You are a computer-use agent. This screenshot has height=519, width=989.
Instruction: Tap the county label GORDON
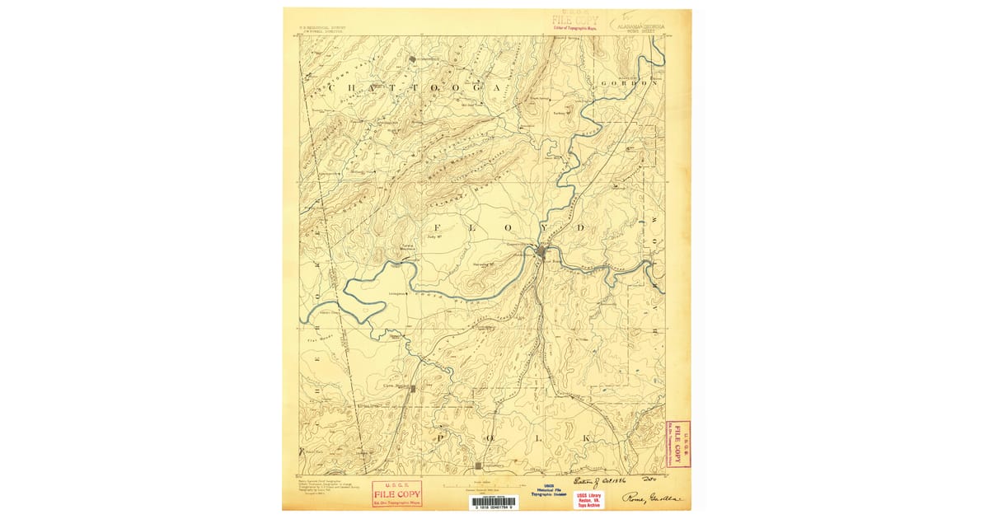631,83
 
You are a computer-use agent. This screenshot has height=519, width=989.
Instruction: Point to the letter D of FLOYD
581,226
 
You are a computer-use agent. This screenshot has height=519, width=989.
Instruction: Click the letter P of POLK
443,437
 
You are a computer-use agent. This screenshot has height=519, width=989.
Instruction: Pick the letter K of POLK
587,438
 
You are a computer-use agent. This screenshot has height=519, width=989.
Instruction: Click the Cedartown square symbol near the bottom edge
478,466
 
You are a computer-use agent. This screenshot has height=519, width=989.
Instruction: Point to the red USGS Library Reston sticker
588,500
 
